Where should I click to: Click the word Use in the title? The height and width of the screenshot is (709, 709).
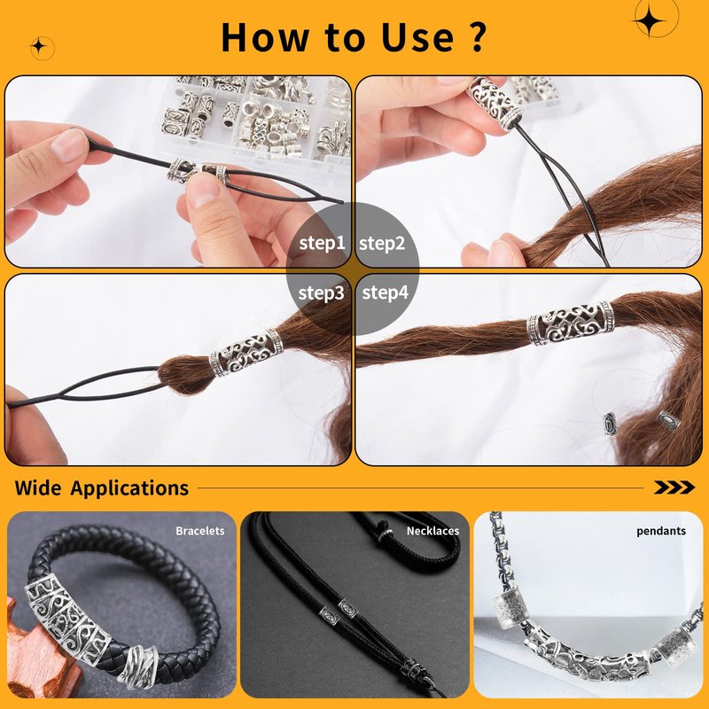point(417,37)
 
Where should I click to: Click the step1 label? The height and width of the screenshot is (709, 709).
point(322,243)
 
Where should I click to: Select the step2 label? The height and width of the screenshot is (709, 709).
point(382,243)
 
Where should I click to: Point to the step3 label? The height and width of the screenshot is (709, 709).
point(321,292)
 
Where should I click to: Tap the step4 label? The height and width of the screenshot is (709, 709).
point(386,292)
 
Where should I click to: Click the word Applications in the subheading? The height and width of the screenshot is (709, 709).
point(129,488)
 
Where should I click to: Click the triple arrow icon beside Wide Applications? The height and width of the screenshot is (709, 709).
point(674,487)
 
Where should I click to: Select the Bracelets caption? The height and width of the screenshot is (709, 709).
point(200,531)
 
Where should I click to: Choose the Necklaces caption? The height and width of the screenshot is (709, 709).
point(432,531)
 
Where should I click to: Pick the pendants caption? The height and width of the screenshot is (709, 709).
point(661,531)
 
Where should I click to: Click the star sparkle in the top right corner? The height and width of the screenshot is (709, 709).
point(651,20)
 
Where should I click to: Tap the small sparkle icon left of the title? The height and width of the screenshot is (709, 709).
point(39,47)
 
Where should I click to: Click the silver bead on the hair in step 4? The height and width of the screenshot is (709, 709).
point(571,323)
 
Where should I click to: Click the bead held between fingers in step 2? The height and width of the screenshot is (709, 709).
point(494,103)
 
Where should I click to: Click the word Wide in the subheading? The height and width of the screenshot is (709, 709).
point(38,488)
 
